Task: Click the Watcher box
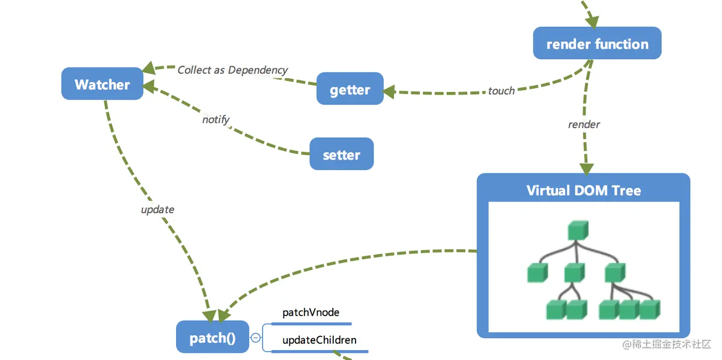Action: (102, 84)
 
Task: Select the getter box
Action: (350, 88)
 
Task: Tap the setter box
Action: (342, 154)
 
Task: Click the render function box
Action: (597, 43)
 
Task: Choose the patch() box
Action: (213, 337)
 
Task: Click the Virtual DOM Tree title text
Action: (584, 191)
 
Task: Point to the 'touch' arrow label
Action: (501, 91)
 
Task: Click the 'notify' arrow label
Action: (216, 120)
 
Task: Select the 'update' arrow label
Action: (158, 210)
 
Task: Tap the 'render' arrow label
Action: (584, 125)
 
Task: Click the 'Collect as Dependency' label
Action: (233, 70)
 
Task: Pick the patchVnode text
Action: (311, 312)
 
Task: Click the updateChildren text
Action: (319, 340)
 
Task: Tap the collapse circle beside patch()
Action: (256, 337)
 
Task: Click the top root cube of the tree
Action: (578, 230)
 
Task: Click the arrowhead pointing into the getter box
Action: (389, 92)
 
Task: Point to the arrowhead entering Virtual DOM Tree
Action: (587, 169)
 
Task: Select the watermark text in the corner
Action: (667, 344)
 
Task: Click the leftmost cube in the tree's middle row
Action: (537, 272)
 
